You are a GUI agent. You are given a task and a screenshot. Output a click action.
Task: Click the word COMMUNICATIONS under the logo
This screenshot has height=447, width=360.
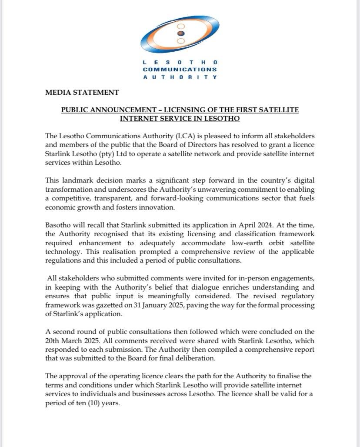pos(180,70)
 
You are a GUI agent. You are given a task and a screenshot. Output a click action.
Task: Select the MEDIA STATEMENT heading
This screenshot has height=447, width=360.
pos(82,92)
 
